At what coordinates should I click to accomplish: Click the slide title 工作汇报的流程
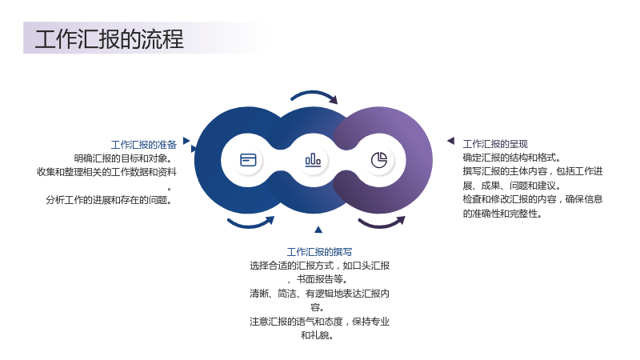point(110,39)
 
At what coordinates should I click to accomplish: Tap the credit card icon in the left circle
point(248,160)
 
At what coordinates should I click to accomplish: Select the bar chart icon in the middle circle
point(313,160)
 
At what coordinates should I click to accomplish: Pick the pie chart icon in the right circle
point(379,160)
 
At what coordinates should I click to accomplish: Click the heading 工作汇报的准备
point(144,145)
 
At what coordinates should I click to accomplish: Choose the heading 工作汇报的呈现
point(495,144)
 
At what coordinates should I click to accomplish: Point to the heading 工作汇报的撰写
point(319,252)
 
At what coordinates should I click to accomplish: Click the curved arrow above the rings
point(314,95)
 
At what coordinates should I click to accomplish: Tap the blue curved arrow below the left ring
point(250,223)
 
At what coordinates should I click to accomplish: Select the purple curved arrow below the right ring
point(381,223)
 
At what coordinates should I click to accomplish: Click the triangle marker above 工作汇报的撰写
point(318,230)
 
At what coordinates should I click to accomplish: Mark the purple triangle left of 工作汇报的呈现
point(451,141)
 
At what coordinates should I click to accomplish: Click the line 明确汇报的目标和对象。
point(123,158)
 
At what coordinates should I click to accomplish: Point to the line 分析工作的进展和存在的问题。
point(109,200)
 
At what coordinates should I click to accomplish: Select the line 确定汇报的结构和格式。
point(512,158)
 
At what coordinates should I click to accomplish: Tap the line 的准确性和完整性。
point(502,214)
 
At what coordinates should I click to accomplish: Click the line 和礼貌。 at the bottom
point(317,335)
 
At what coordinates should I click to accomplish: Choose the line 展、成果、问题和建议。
point(512,186)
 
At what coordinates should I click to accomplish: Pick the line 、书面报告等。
point(317,279)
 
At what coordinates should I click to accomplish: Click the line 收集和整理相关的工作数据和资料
point(106,172)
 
